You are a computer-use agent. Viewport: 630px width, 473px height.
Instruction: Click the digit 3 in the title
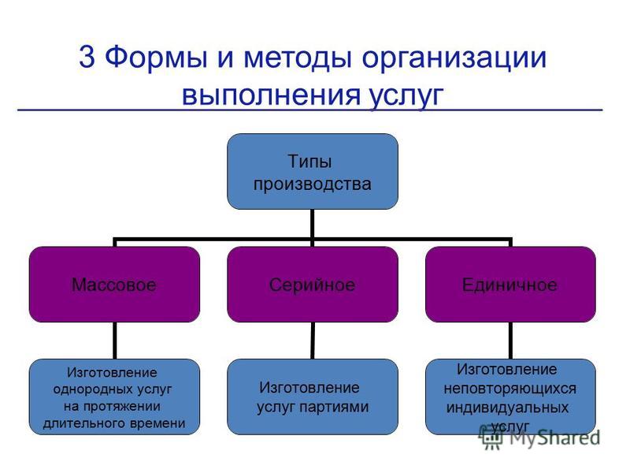(87, 56)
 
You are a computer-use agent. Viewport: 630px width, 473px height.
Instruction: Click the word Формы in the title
(156, 57)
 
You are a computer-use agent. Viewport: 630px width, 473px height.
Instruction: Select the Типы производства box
(313, 171)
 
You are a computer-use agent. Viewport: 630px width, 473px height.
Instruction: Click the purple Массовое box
(114, 285)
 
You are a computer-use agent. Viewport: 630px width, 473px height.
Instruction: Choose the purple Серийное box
(313, 285)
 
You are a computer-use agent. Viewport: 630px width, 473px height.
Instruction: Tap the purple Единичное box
(510, 285)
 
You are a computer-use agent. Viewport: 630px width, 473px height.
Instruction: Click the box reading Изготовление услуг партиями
(313, 397)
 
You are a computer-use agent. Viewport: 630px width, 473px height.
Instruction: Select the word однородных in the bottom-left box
(94, 389)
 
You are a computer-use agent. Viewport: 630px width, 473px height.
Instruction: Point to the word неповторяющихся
(510, 389)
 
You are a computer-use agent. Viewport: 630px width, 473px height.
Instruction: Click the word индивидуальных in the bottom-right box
(507, 408)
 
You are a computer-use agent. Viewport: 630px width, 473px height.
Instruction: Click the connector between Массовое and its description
(115, 341)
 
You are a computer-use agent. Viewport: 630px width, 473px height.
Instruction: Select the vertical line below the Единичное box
(510, 341)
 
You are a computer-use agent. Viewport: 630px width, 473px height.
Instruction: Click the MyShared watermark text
(554, 438)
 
